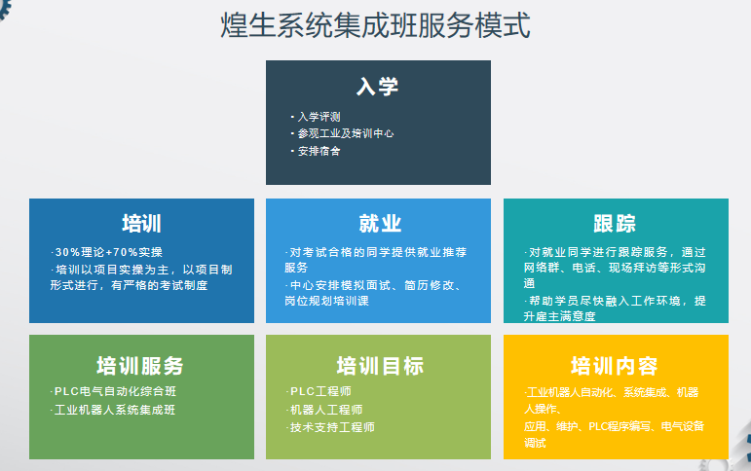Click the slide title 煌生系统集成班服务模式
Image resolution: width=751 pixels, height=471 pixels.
tap(376, 25)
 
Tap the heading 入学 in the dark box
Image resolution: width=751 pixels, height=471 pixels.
tap(377, 87)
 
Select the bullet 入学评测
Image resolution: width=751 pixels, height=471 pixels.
tap(319, 117)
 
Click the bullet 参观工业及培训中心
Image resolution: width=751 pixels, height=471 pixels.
tap(346, 133)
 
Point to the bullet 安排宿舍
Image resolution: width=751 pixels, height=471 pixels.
tap(319, 151)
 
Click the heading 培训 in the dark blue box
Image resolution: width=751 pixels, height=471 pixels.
tap(142, 224)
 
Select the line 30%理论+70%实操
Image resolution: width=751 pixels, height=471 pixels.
tap(109, 252)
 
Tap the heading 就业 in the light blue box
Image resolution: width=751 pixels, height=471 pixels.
tap(380, 224)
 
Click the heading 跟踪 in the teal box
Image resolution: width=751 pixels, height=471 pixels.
tap(615, 224)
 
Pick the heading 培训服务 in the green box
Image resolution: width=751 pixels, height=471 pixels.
tap(140, 366)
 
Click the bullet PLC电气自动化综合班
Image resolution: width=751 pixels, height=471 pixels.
tap(116, 391)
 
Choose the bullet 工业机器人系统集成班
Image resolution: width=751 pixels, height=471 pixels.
tap(115, 411)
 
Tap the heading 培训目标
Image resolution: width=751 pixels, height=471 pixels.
tap(380, 366)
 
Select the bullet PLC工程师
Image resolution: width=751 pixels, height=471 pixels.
tap(320, 391)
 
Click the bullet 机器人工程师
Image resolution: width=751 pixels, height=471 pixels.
tap(326, 411)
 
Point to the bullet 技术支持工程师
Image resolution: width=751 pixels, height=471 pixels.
tap(332, 427)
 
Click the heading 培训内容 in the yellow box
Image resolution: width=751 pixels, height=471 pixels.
tap(614, 366)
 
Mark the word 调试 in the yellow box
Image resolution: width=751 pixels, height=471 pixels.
tap(535, 443)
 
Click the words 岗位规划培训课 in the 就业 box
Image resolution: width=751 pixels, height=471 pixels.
tap(326, 301)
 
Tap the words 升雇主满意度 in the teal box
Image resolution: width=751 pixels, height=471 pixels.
tap(559, 316)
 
